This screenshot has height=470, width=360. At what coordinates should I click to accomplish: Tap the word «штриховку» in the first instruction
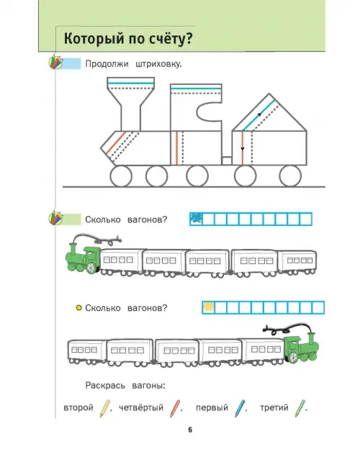coord(158,65)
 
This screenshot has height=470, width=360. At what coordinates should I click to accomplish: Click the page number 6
coord(190,430)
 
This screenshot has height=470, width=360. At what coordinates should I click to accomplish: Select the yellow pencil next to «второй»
coord(104,408)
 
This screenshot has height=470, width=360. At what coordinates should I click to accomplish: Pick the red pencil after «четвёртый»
coord(175,408)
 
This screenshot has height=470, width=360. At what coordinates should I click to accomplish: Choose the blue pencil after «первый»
coord(240,408)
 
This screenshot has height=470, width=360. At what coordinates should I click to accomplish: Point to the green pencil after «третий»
coord(300,408)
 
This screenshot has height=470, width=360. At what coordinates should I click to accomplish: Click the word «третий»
coord(274,407)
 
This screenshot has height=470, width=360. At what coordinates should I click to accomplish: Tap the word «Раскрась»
coord(105,386)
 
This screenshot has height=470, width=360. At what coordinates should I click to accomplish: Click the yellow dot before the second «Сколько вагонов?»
coord(78,308)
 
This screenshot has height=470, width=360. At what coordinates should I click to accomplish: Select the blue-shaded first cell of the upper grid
coord(197,219)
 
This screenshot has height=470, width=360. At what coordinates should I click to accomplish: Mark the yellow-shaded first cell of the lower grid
coord(209,307)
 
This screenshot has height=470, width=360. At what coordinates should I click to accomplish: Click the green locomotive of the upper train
coord(83,258)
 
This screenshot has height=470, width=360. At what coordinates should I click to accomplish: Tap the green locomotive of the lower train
coord(301,348)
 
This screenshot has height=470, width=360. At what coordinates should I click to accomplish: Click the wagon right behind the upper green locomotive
coord(122,262)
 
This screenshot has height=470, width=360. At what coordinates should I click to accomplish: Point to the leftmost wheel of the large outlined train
coord(121,176)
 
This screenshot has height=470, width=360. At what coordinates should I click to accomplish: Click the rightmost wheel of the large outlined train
coord(290,176)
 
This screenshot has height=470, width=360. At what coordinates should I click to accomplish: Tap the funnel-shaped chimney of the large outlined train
coord(131,104)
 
